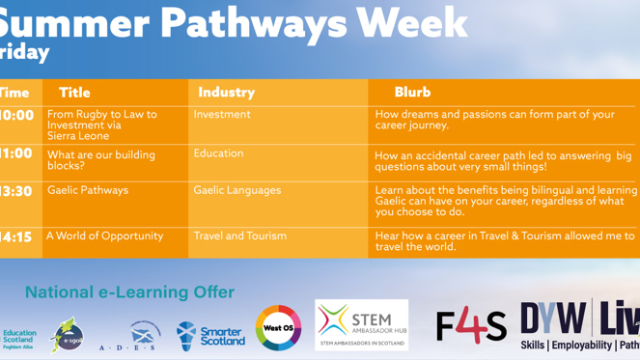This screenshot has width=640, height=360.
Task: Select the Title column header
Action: (x=74, y=93)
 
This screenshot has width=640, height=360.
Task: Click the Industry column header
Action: (x=226, y=93)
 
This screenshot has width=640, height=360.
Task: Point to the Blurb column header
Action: (x=412, y=93)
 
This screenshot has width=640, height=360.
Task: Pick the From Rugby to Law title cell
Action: (x=101, y=125)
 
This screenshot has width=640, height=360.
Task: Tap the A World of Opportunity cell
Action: (x=105, y=235)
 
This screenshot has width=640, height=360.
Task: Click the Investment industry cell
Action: (x=222, y=114)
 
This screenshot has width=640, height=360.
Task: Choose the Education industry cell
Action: (x=218, y=153)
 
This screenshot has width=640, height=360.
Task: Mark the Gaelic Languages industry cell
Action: (x=237, y=191)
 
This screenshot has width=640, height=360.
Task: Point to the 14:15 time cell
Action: (x=16, y=237)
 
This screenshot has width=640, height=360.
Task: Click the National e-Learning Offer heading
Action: (x=129, y=291)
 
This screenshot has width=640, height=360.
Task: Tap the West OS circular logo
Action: (x=278, y=328)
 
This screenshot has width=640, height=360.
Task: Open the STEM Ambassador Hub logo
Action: (x=362, y=324)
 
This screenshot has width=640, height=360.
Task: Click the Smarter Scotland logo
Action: (x=211, y=335)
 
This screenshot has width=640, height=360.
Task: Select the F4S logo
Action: (x=471, y=326)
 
